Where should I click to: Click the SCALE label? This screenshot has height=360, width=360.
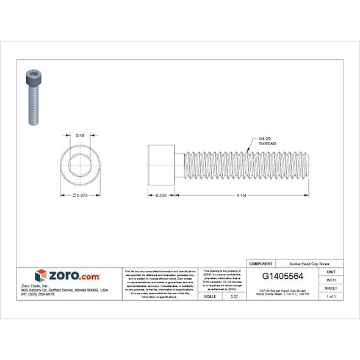point(210,296)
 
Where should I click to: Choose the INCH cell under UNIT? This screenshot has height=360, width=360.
point(331,279)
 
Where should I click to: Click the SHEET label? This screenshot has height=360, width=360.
point(331,287)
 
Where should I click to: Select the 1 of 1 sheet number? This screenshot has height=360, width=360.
point(331,296)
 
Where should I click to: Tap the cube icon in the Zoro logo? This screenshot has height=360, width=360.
point(41,276)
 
